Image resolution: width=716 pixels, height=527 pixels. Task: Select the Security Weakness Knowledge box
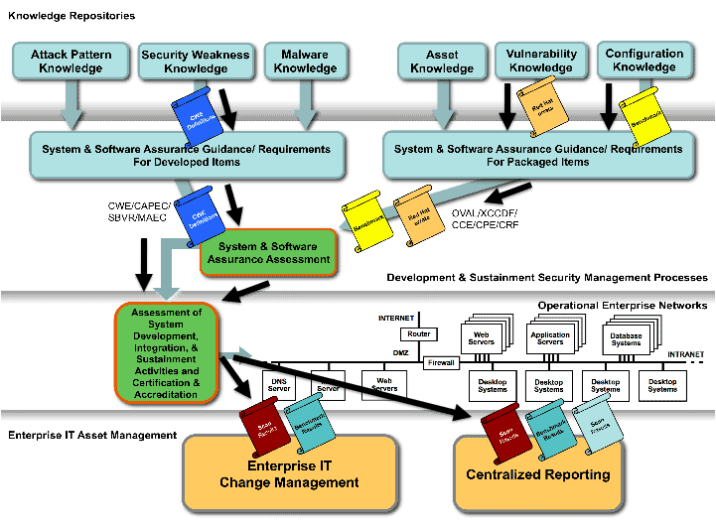click(196, 62)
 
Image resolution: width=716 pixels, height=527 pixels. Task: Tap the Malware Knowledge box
click(305, 62)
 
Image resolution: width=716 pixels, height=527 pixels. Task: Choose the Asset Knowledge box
click(441, 62)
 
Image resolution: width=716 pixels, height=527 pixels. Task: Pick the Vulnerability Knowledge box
click(541, 61)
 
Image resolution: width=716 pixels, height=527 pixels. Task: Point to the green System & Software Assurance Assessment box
click(269, 253)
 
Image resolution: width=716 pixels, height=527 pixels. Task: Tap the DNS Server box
click(279, 384)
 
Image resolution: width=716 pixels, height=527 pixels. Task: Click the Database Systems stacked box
click(626, 339)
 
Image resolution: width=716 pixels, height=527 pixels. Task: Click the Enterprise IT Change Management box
click(289, 474)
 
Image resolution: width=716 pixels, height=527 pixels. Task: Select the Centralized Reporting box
click(538, 474)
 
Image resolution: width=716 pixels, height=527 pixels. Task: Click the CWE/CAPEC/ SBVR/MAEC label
click(142, 212)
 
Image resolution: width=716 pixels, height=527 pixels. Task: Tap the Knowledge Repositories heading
click(71, 16)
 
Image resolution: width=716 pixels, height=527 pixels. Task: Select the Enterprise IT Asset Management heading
click(92, 435)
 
